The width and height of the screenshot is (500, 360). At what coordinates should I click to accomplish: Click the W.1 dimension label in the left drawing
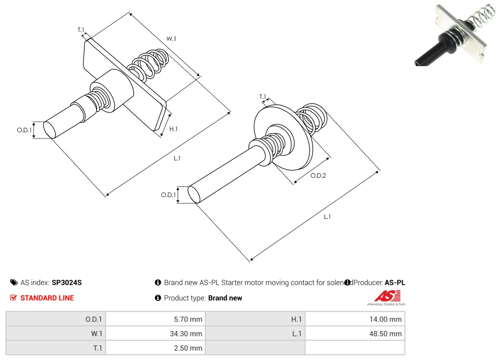pyautogui.click(x=171, y=38)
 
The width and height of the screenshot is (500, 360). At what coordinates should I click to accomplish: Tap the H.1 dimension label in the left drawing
pyautogui.click(x=173, y=129)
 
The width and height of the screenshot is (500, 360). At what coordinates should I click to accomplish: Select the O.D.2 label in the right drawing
pyautogui.click(x=318, y=175)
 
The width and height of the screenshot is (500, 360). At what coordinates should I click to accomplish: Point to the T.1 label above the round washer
pyautogui.click(x=263, y=97)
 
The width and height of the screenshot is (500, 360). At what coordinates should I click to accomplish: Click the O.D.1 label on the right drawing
pyautogui.click(x=168, y=195)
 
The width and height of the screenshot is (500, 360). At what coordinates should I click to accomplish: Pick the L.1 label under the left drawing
pyautogui.click(x=177, y=158)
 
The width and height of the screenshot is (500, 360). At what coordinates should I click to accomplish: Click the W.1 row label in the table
pyautogui.click(x=97, y=334)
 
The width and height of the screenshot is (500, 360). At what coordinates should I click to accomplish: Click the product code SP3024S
pyautogui.click(x=66, y=282)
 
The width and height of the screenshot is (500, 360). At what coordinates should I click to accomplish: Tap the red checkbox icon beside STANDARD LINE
pyautogui.click(x=13, y=298)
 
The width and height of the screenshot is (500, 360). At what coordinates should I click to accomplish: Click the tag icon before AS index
pyautogui.click(x=14, y=282)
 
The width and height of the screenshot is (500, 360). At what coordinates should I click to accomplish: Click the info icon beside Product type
pyautogui.click(x=158, y=298)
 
